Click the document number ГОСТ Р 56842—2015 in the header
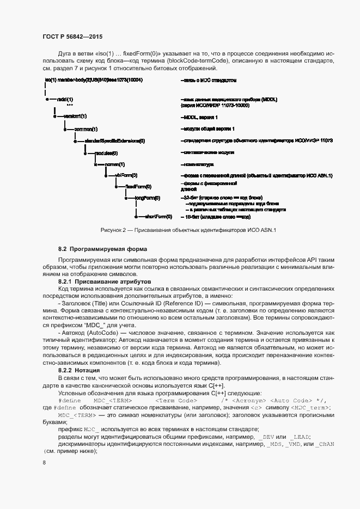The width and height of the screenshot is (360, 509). pos(72,36)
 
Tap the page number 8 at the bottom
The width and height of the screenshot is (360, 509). pos(44,462)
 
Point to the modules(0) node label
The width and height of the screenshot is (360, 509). pos(106,153)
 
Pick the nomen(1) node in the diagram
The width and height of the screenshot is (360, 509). pos(115,164)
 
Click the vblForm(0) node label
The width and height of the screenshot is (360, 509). pos(126,175)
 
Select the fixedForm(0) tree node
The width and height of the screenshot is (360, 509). pos(138,186)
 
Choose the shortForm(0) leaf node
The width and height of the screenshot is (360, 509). pos(158,217)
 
